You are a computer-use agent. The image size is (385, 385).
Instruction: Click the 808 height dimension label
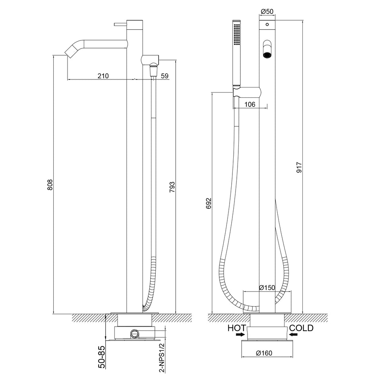pyautogui.click(x=50, y=185)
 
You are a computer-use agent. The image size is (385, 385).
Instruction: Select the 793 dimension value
pyautogui.click(x=172, y=187)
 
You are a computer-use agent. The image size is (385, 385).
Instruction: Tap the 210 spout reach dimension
pyautogui.click(x=104, y=75)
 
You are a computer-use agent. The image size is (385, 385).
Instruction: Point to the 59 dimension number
pyautogui.click(x=164, y=75)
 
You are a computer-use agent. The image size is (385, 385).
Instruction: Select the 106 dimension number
pyautogui.click(x=249, y=104)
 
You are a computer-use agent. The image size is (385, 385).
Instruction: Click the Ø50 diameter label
pyautogui.click(x=267, y=12)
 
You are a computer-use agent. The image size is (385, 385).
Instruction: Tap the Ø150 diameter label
pyautogui.click(x=267, y=287)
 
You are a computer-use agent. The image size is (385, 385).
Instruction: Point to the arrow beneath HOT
pyautogui.click(x=240, y=335)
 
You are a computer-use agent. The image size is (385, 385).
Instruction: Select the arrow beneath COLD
pyautogui.click(x=294, y=335)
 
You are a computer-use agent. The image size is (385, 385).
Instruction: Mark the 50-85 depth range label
pyautogui.click(x=102, y=357)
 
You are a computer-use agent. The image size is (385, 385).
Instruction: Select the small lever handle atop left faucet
pyautogui.click(x=120, y=23)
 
